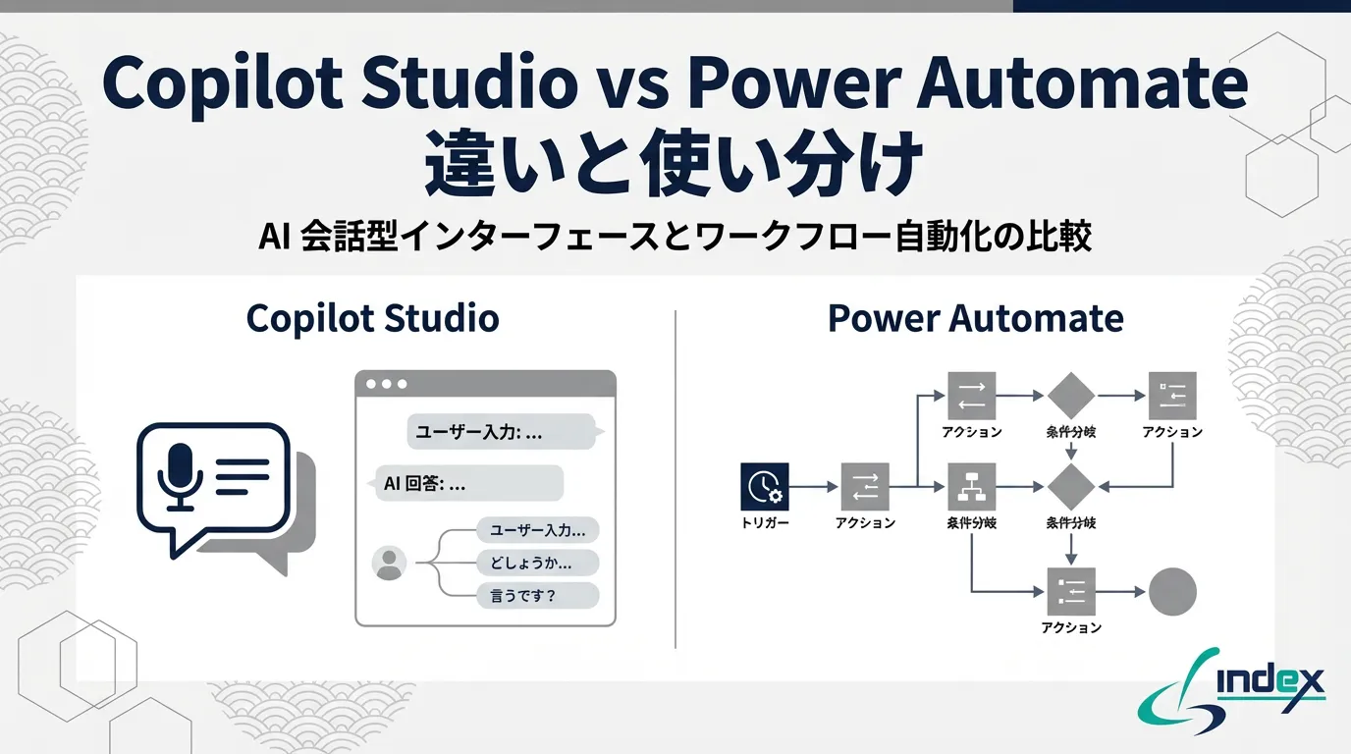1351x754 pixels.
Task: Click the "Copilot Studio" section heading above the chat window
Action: tap(372, 318)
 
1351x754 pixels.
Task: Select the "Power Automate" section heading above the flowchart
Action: tap(975, 318)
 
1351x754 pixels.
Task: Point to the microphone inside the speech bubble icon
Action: tap(181, 475)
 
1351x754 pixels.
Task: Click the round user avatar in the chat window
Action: tap(390, 563)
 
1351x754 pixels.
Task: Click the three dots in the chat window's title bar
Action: tap(386, 384)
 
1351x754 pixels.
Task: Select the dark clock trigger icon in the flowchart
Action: tap(764, 486)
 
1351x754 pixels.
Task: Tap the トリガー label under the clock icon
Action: tap(765, 523)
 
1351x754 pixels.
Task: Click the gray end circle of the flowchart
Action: tap(1172, 592)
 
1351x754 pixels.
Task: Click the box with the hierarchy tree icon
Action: tap(972, 486)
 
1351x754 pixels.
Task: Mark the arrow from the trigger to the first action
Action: tap(815, 486)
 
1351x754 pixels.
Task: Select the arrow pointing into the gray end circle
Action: tap(1121, 592)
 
